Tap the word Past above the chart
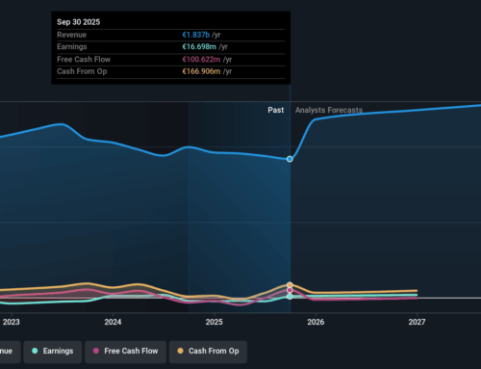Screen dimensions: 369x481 (x=276, y=111)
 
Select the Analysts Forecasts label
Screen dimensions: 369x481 (x=329, y=111)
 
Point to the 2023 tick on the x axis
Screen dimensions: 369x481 (x=11, y=322)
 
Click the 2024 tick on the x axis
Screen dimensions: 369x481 (x=113, y=322)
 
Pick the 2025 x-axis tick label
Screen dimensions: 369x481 (x=214, y=322)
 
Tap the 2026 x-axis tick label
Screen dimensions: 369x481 (x=316, y=322)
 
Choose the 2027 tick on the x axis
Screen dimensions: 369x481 (x=417, y=322)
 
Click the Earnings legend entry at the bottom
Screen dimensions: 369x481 (x=53, y=352)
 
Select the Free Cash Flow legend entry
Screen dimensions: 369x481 (x=125, y=352)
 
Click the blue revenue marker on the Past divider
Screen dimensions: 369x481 (x=291, y=159)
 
